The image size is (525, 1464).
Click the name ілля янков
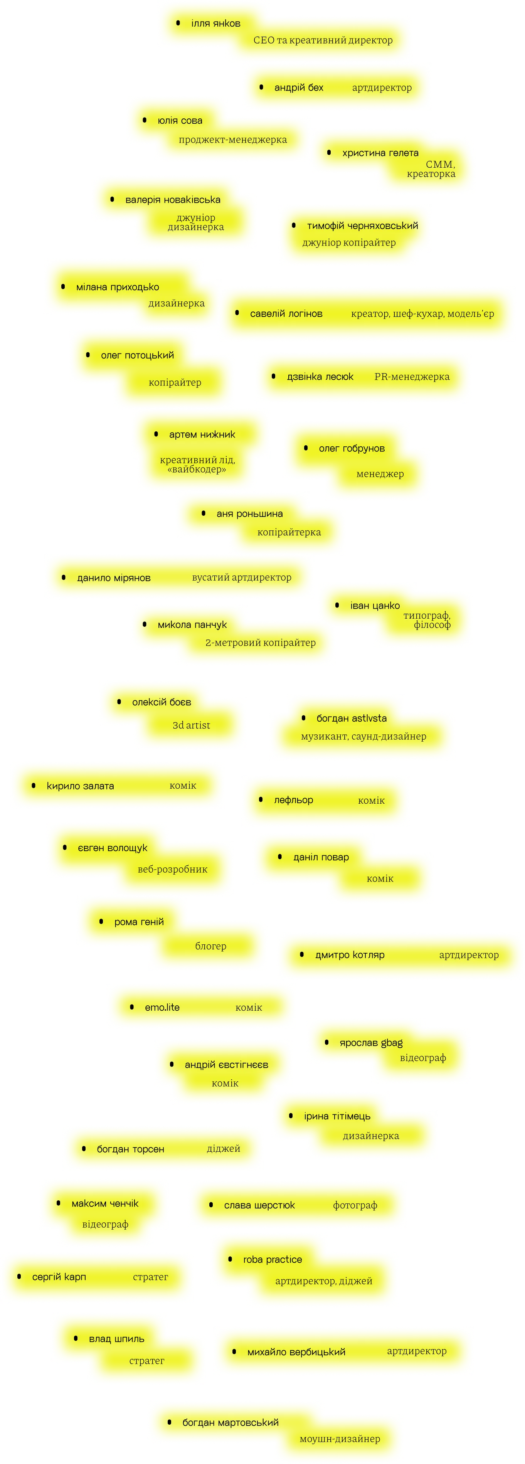pyautogui.click(x=215, y=23)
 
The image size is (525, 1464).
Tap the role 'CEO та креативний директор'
pyautogui.click(x=323, y=40)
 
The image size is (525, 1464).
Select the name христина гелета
pyautogui.click(x=380, y=153)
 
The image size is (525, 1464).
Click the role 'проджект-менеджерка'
pyautogui.click(x=232, y=140)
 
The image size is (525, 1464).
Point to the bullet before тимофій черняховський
pyautogui.click(x=294, y=225)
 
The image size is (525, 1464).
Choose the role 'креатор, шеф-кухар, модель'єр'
pyautogui.click(x=422, y=314)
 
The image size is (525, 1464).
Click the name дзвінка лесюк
pyautogui.click(x=320, y=377)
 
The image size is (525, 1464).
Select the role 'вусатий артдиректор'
pyautogui.click(x=241, y=577)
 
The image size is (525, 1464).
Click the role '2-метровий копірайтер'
pyautogui.click(x=260, y=643)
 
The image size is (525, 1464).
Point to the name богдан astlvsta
pyautogui.click(x=351, y=719)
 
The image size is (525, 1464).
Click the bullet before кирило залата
pyautogui.click(x=34, y=786)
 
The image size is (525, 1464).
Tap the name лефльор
pyautogui.click(x=293, y=800)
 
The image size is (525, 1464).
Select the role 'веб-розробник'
pyautogui.click(x=172, y=870)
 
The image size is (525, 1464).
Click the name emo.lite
pyautogui.click(x=162, y=1008)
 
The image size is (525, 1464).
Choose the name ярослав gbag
pyautogui.click(x=371, y=1043)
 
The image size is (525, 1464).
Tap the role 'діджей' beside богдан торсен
pyautogui.click(x=223, y=1149)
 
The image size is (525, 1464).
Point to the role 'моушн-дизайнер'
pyautogui.click(x=340, y=1439)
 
